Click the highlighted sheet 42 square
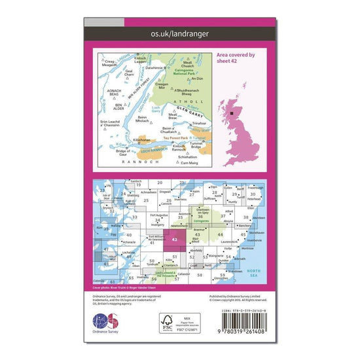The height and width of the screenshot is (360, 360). pyautogui.click(x=173, y=240)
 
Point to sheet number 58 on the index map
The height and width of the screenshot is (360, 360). pyautogui.click(x=200, y=275)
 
